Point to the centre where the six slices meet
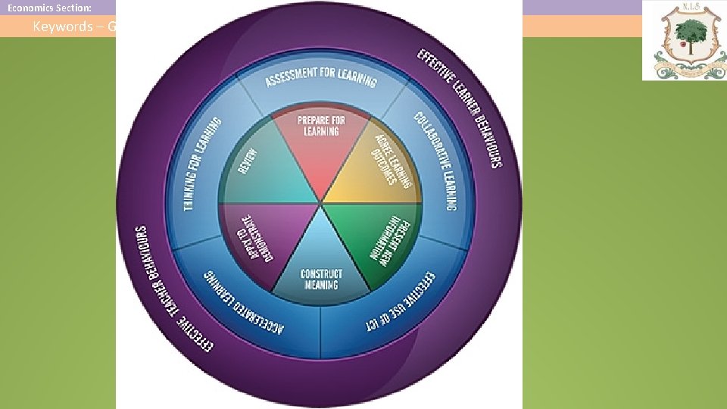click(x=320, y=204)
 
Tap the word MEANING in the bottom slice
click(x=322, y=285)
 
